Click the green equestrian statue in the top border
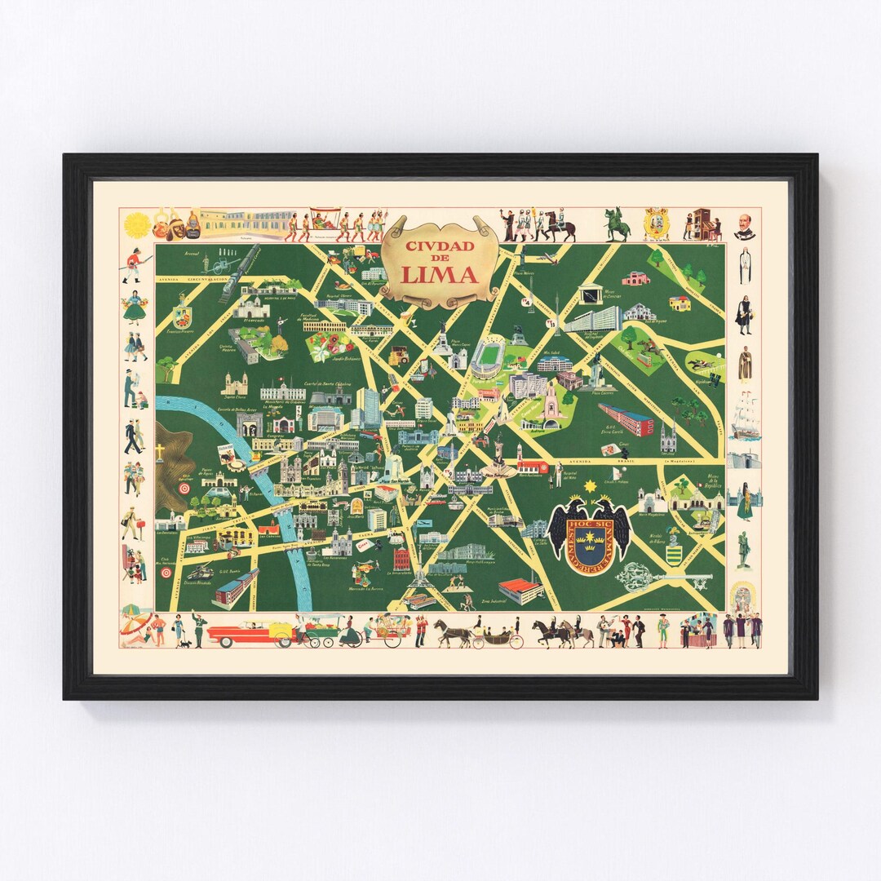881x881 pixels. click(x=617, y=224)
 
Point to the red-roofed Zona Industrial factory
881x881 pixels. click(x=520, y=589)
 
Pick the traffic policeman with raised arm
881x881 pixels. click(x=195, y=628)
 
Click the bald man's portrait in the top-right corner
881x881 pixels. click(x=744, y=225)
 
